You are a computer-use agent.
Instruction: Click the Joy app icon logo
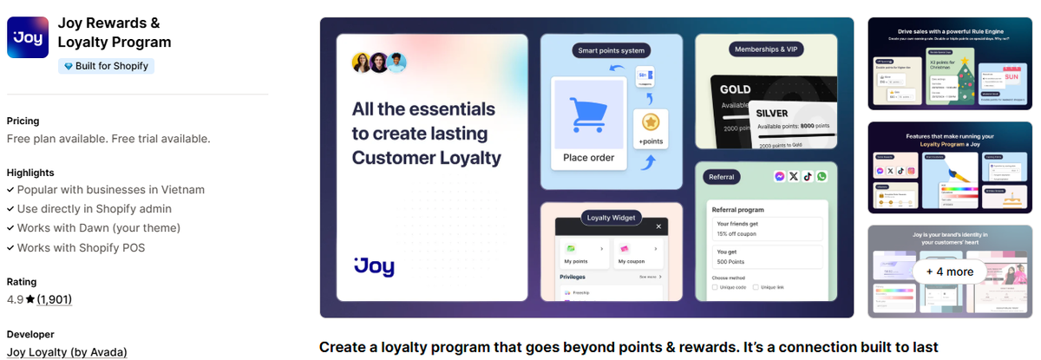pyautogui.click(x=28, y=37)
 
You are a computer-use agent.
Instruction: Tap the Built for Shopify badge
pyautogui.click(x=106, y=66)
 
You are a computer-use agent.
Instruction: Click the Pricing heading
pyautogui.click(x=23, y=121)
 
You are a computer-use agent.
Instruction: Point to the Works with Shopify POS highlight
pyautogui.click(x=81, y=247)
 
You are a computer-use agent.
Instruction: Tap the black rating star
pyautogui.click(x=29, y=299)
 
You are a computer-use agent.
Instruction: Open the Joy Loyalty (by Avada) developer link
pyautogui.click(x=67, y=351)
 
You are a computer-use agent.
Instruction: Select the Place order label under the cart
pyautogui.click(x=589, y=157)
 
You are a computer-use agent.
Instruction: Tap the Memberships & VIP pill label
pyautogui.click(x=766, y=49)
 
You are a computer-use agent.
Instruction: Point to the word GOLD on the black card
pyautogui.click(x=736, y=89)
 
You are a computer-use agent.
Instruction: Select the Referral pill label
pyautogui.click(x=722, y=177)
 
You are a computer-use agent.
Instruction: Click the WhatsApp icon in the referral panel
pyautogui.click(x=822, y=176)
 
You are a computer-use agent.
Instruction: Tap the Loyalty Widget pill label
pyautogui.click(x=611, y=217)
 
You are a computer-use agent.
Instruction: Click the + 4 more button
pyautogui.click(x=949, y=272)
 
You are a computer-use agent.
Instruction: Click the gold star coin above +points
pyautogui.click(x=650, y=121)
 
